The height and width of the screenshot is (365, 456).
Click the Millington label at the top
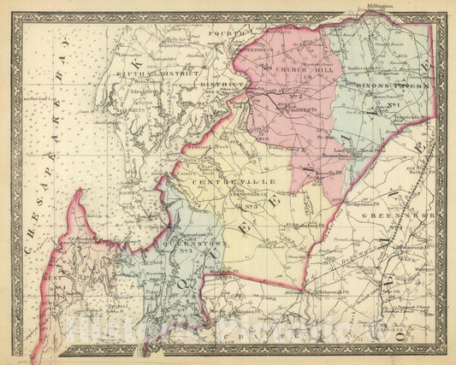pyautogui.click(x=431, y=5)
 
